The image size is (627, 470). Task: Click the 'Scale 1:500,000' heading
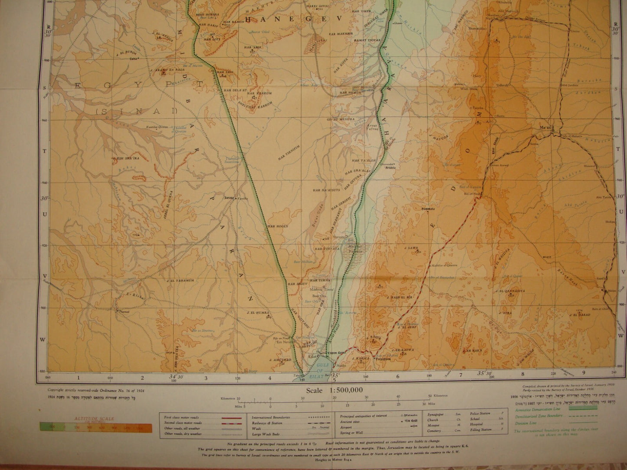(335, 390)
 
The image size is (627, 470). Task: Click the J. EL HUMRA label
(259, 312)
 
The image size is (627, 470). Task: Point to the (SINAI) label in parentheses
(136, 111)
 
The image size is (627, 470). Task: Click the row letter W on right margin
(621, 335)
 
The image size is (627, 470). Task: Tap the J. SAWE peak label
(410, 248)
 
